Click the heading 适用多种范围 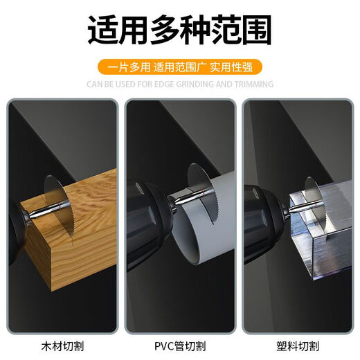[x=180, y=32]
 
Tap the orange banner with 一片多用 [x=180, y=68]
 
